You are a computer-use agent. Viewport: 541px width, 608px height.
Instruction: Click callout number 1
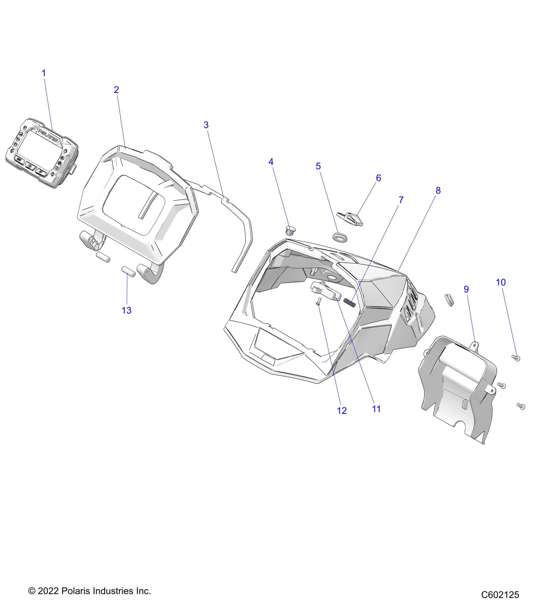44,73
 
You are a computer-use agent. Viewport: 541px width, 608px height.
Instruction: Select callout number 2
116,90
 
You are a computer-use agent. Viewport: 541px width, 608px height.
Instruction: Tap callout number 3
206,125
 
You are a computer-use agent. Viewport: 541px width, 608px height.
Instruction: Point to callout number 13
127,310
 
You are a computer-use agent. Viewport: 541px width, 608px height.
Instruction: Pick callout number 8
438,190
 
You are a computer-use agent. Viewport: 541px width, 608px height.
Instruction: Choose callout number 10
501,282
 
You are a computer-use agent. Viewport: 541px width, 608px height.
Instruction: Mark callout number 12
342,411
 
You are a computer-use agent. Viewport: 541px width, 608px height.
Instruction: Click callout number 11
376,409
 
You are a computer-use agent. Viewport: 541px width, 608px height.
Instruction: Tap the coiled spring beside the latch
349,302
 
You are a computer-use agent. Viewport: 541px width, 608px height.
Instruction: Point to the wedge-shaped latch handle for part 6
350,219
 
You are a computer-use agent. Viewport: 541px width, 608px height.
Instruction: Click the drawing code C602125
500,595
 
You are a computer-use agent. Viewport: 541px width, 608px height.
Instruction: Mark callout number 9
466,289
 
